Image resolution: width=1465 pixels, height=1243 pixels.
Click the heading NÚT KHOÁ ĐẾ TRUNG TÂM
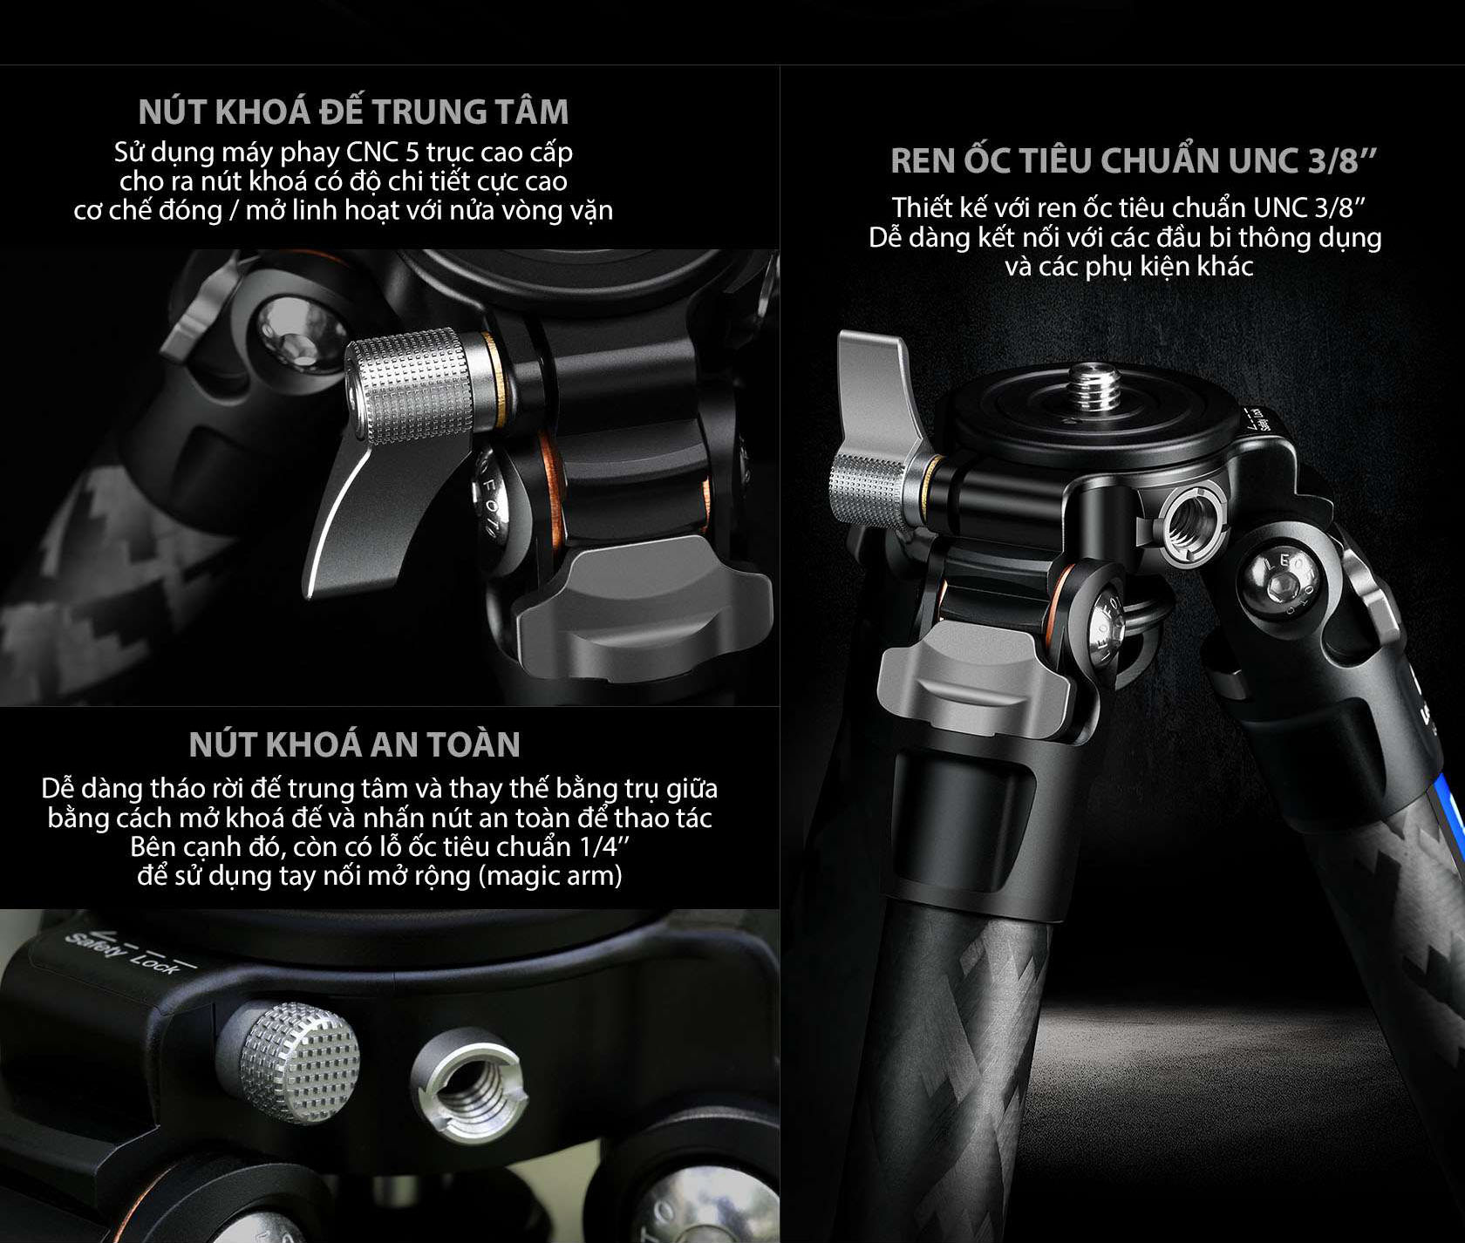353,111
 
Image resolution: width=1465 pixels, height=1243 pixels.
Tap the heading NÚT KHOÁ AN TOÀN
355,744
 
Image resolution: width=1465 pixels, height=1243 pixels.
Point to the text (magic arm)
550,875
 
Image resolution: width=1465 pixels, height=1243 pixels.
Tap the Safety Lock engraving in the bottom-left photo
122,952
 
